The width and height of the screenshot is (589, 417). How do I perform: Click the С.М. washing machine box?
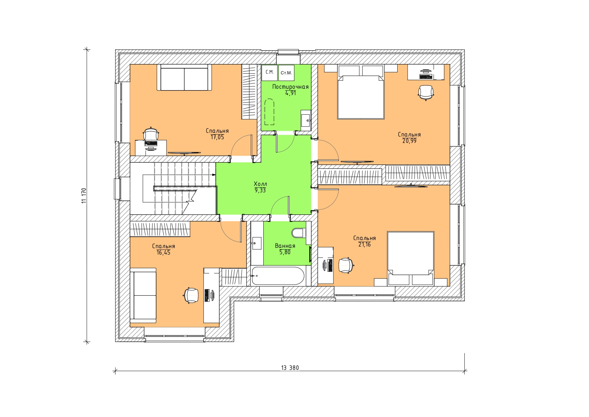coord(270,73)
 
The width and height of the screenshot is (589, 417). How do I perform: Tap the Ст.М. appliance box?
coord(286,73)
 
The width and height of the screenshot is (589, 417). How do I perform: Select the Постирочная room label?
coord(290,87)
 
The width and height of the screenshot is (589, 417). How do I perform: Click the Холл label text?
coord(260,184)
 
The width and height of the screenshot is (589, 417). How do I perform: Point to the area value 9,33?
coord(260,190)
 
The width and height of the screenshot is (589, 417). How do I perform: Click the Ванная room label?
coord(285,246)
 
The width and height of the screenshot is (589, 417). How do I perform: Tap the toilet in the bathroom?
coord(299,233)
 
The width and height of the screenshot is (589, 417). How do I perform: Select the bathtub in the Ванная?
coord(277,276)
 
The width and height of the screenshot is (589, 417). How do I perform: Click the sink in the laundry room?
coord(306,120)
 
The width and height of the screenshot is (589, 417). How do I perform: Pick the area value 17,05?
coord(217,137)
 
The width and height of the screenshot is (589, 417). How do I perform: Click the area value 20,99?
coord(409,141)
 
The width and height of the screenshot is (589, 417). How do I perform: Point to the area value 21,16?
coord(364,244)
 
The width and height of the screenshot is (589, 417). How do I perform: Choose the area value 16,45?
coord(164,253)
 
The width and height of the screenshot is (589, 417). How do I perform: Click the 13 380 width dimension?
coord(290,368)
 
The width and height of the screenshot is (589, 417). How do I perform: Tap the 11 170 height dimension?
coord(84,195)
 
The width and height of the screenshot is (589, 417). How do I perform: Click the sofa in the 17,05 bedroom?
coord(184,77)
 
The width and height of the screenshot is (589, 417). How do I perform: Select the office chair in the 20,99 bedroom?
coord(426,92)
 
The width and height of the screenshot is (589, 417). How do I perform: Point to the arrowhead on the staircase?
coord(214,175)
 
